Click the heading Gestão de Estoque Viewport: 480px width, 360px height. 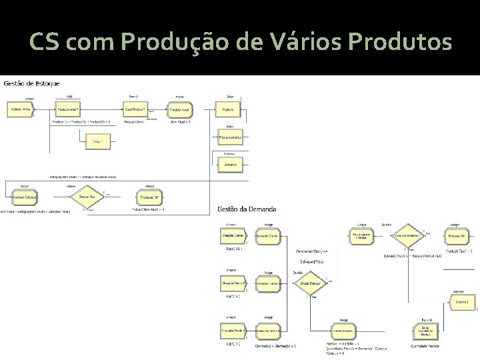coord(32,83)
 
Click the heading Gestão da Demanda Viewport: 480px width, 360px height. coord(247,209)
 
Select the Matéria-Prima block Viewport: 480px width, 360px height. coord(21,109)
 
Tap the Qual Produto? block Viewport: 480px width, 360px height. coord(135,109)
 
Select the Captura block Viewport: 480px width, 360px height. coord(228,109)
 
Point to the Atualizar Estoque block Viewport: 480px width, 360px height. coord(25,198)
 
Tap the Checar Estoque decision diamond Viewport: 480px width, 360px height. coord(311,283)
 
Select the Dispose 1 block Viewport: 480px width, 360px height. coord(463,302)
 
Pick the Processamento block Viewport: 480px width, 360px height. coord(230,137)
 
